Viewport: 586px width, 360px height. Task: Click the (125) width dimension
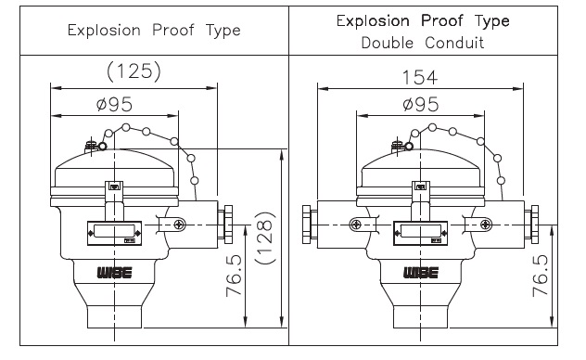tap(134, 71)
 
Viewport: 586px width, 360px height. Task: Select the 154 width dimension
tap(419, 78)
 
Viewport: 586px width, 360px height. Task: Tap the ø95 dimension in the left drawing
tap(114, 104)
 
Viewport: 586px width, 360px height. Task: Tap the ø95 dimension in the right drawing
tap(421, 104)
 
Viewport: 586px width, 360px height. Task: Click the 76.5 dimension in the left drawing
tap(235, 276)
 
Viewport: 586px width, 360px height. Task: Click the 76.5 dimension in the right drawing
tap(541, 276)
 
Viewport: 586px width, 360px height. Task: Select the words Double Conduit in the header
tap(423, 43)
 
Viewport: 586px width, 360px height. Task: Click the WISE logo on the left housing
tap(114, 273)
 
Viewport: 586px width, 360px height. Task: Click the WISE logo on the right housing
tap(421, 273)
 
